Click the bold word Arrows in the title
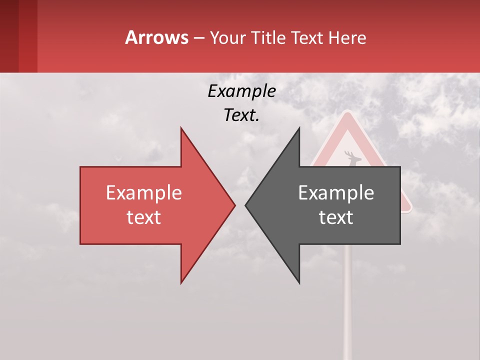(156, 37)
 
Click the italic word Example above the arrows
(241, 91)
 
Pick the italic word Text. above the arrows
(241, 115)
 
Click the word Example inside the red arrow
(143, 192)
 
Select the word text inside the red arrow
(143, 217)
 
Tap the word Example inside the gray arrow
(336, 192)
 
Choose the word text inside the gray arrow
(336, 217)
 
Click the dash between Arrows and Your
(199, 38)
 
